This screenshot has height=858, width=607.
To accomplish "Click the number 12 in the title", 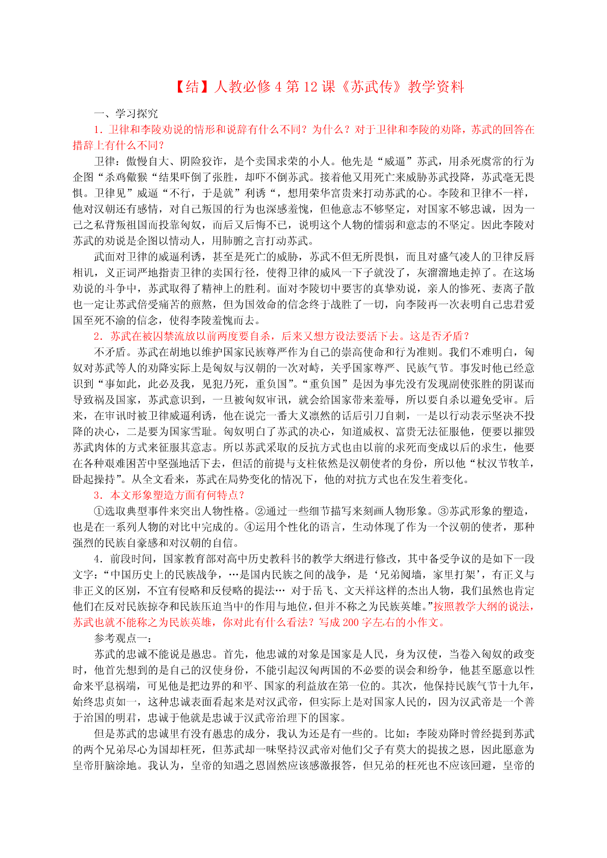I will click(x=310, y=87).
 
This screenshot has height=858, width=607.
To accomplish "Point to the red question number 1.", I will click(x=97, y=129).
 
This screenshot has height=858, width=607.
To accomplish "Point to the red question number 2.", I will click(x=97, y=336).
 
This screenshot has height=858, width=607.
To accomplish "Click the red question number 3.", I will click(x=97, y=495).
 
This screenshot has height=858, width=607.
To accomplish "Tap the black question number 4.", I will click(x=97, y=558).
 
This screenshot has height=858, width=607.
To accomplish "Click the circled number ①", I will click(x=99, y=511).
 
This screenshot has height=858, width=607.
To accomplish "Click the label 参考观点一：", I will click(x=120, y=638).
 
